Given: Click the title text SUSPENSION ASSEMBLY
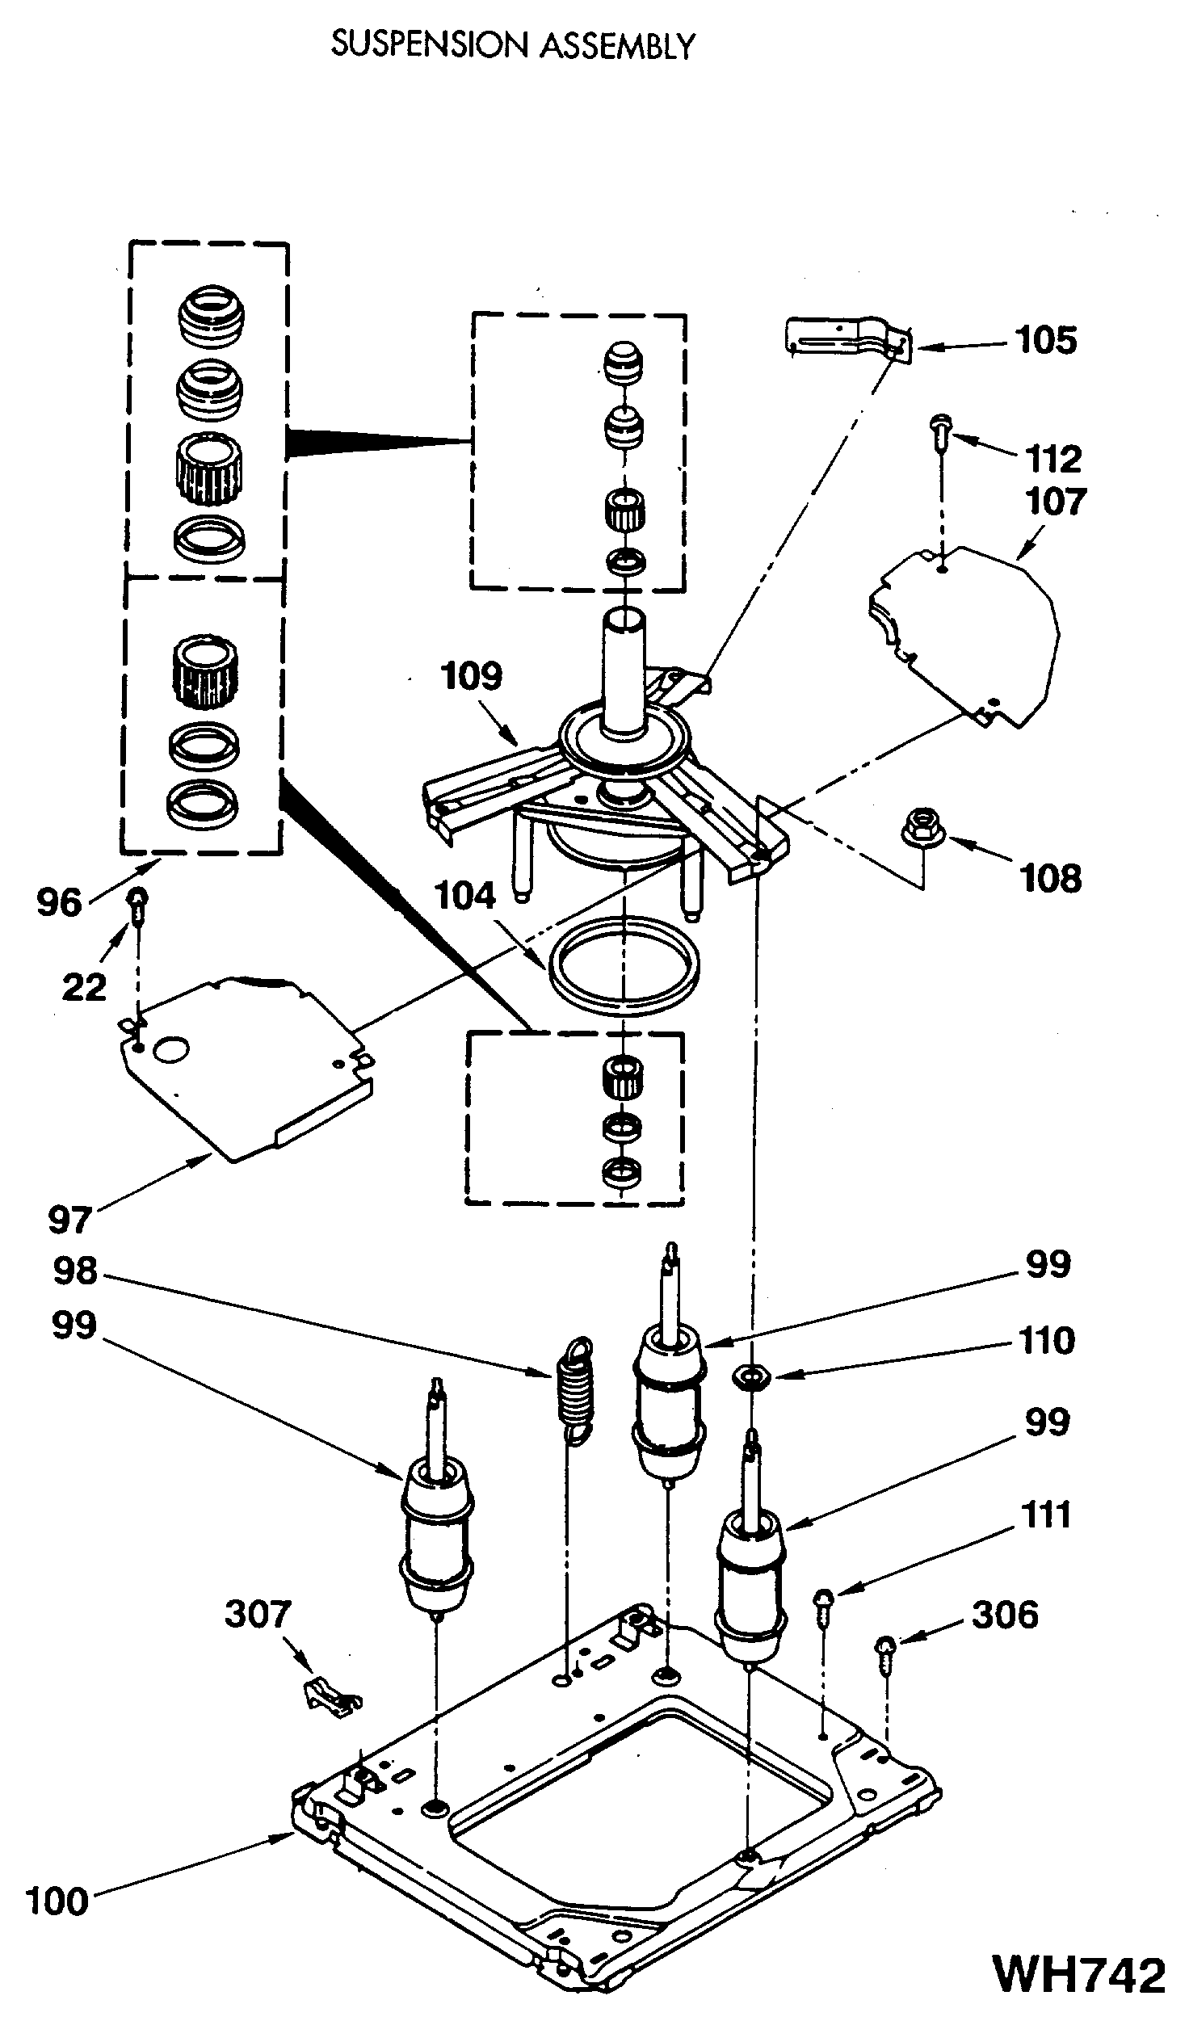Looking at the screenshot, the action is click(x=513, y=46).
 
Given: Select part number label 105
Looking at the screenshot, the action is click(x=1047, y=340).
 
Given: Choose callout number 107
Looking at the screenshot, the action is click(x=1055, y=502).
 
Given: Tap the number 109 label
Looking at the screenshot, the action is click(x=471, y=676).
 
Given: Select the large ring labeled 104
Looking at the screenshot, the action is click(x=624, y=966).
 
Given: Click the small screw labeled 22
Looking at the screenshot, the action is click(x=139, y=905).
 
